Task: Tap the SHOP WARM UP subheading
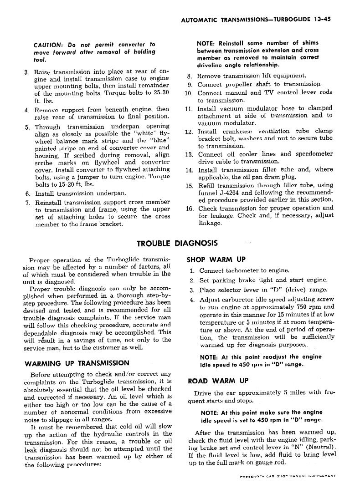click(216, 260)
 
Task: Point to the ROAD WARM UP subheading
click(218, 381)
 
